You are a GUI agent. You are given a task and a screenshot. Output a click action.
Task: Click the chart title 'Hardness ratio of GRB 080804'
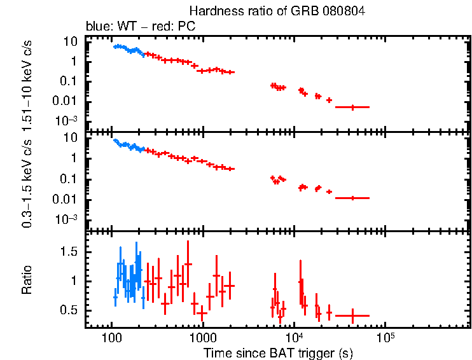[277, 11]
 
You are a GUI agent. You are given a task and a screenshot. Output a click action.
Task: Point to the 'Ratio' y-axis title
[27, 280]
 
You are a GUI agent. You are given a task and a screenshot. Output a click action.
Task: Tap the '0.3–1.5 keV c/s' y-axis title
[27, 183]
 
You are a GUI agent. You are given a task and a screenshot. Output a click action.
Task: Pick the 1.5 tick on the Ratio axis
[71, 252]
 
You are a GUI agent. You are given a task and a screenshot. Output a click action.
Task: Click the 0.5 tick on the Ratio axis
[71, 310]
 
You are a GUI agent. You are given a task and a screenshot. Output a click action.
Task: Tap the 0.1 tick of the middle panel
[71, 179]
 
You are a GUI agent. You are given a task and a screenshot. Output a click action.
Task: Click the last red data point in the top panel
[353, 107]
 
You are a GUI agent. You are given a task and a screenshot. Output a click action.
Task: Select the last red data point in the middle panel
[353, 198]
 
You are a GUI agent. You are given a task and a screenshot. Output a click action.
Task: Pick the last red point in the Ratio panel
[353, 315]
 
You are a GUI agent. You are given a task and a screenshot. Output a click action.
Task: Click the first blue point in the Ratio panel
[115, 297]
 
